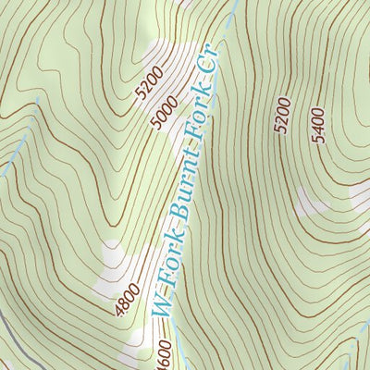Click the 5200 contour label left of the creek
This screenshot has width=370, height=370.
[148, 82]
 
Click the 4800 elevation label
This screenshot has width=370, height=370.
[129, 301]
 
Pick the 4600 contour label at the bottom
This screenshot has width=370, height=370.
[163, 356]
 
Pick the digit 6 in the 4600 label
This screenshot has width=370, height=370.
[163, 357]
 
